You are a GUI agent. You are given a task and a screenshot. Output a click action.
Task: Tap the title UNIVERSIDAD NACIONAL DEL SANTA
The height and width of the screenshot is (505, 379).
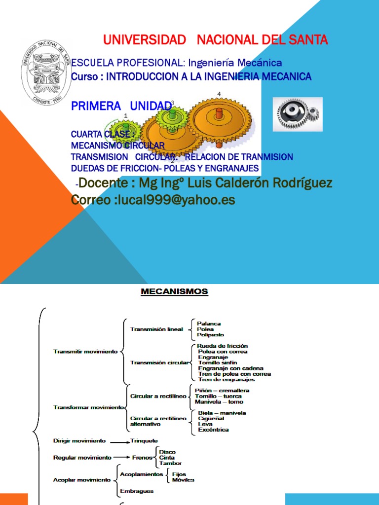(215, 40)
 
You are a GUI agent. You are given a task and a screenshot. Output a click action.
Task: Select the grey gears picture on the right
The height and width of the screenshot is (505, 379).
(298, 114)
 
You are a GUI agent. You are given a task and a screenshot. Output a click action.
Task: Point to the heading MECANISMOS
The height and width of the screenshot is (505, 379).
(175, 292)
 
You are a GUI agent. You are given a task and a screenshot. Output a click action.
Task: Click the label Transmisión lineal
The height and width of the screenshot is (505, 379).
(156, 329)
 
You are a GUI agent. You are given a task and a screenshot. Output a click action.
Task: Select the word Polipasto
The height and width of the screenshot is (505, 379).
(210, 335)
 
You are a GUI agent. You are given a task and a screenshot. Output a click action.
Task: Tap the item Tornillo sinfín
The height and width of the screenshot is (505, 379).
(218, 362)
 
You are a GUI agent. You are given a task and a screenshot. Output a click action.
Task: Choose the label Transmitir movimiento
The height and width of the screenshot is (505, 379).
(85, 351)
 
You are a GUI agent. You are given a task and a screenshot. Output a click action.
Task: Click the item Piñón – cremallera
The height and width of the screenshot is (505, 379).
(222, 391)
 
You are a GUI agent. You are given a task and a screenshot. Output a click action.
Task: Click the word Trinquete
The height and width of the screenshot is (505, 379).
(145, 440)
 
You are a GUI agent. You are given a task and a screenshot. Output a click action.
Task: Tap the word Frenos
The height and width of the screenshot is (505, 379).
(142, 458)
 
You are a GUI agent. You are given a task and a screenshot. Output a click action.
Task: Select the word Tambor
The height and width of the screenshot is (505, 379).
(170, 463)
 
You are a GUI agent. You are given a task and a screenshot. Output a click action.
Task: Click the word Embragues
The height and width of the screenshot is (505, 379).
(137, 491)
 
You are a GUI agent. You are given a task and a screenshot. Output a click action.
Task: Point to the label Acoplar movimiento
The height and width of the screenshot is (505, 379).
(82, 479)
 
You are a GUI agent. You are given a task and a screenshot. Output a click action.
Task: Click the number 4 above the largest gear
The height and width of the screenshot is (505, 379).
(219, 94)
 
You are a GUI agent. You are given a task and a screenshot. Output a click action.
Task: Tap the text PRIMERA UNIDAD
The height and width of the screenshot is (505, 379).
(121, 106)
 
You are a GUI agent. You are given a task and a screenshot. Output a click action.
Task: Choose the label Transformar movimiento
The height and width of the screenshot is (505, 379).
(88, 407)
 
